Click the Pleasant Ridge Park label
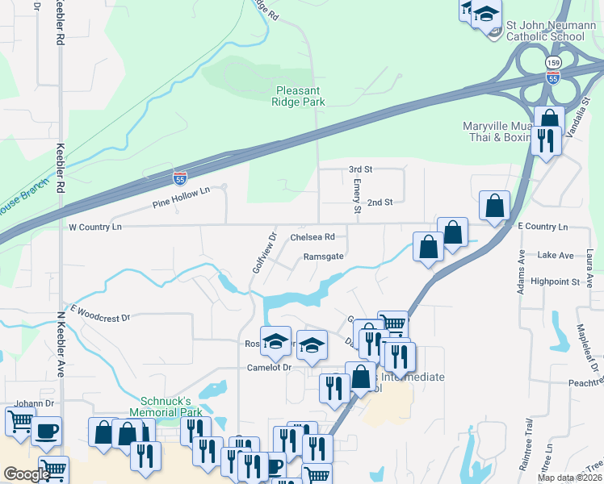300,97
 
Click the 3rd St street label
359,169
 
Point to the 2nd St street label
380,202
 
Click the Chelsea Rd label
312,237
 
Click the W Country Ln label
95,227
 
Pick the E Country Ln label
542,227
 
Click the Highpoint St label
556,282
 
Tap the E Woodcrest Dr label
100,313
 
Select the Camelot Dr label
268,367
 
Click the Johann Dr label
33,403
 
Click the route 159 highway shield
553,62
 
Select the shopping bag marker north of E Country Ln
494,206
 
